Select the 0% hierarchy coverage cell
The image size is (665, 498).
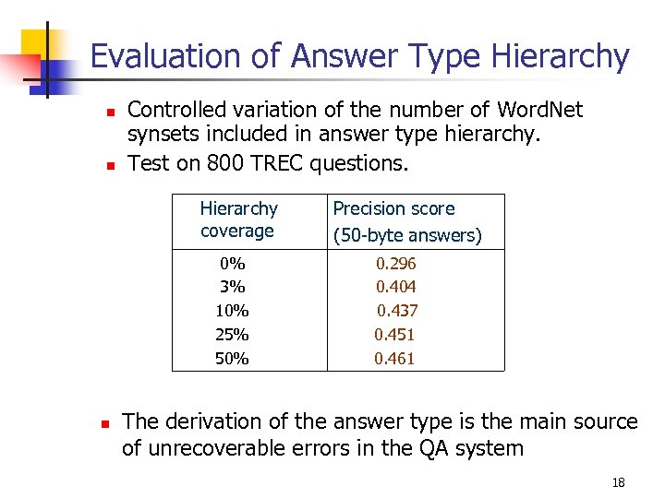coord(232,264)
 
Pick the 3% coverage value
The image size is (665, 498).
coord(232,288)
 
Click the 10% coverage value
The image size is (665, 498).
coord(232,312)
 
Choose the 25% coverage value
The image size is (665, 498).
coord(232,335)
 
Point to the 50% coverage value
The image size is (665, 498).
coord(232,359)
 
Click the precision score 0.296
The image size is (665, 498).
coord(395,264)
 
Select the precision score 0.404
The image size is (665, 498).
coord(395,288)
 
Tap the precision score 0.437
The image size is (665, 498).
coord(396,312)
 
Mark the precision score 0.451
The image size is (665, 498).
coord(394,335)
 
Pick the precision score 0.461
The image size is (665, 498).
coord(394,359)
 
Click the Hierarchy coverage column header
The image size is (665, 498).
coord(238,219)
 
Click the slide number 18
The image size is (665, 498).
coord(619,483)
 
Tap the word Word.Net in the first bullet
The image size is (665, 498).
coord(539,111)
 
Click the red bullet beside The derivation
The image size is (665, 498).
coord(106,423)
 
